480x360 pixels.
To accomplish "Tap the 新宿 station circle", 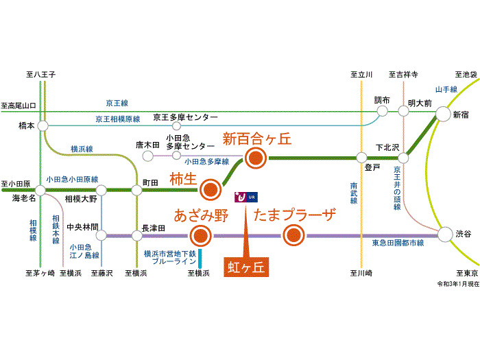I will coord(443,115).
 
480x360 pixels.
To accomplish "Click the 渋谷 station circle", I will coord(445,235).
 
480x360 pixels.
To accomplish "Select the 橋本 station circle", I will coord(43,127).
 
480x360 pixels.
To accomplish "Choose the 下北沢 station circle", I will coord(403,158).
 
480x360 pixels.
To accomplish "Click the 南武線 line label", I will coord(354,194).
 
